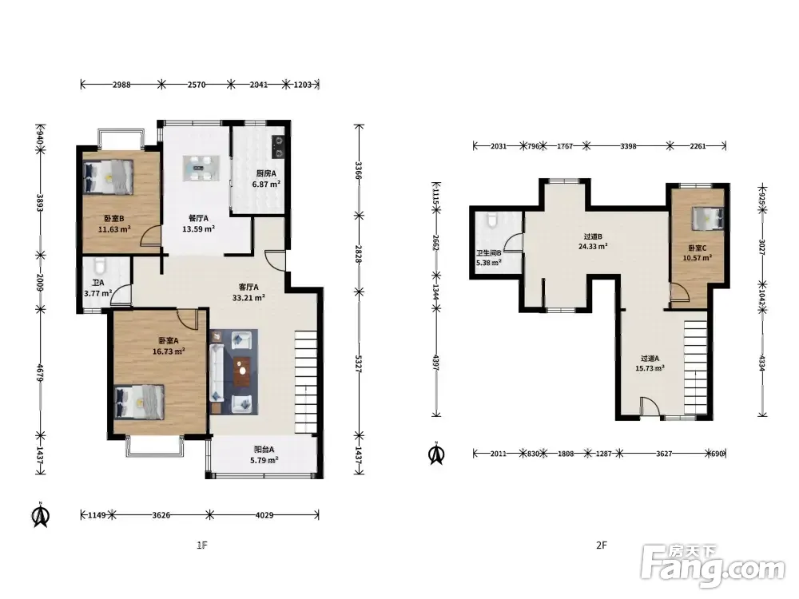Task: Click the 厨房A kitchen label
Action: coord(265,173)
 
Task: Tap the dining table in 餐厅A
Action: coord(202,168)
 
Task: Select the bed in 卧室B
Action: coord(108,177)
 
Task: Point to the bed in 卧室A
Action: coord(140,402)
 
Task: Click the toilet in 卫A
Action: coord(100,265)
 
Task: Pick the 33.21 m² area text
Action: coord(248,297)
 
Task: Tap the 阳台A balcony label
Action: coord(264,449)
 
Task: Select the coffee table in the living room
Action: coord(243,372)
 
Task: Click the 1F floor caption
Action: coord(202,545)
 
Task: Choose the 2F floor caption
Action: coord(602,545)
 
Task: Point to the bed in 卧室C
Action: coord(707,219)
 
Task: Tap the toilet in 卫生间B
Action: coord(492,220)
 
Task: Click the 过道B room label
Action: coord(593,236)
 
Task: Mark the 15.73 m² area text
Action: coord(650,367)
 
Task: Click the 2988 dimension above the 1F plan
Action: coord(121,85)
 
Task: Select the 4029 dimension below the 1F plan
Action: coord(264,515)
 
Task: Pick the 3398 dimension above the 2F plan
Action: coord(628,146)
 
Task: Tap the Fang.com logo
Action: coord(713,566)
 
